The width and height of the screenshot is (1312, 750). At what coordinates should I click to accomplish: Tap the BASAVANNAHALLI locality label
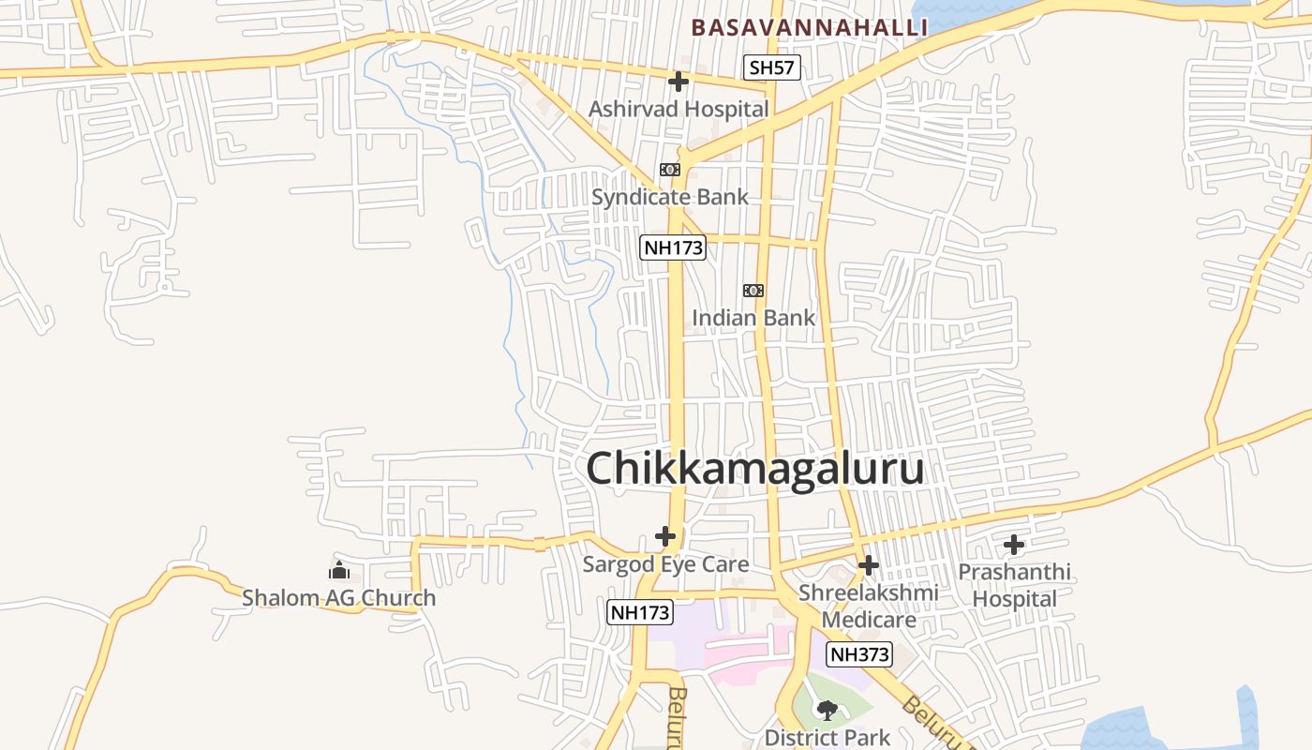click(x=810, y=27)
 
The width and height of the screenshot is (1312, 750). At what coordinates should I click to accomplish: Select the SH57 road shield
click(x=773, y=67)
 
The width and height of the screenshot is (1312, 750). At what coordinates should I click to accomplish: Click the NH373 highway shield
click(x=859, y=654)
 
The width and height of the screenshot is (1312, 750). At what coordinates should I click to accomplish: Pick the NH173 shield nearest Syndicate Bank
click(x=673, y=247)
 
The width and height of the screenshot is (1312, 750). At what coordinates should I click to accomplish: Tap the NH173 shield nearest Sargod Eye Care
click(x=640, y=612)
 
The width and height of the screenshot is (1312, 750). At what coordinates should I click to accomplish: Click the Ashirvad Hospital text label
click(x=678, y=109)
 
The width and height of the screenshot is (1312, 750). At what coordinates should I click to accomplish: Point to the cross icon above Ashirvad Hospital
click(x=678, y=82)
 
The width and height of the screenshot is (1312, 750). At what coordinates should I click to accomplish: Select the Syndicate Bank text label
click(x=670, y=197)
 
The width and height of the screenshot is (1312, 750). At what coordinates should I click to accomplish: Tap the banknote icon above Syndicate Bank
click(x=669, y=170)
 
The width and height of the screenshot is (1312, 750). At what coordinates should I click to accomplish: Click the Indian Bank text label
click(x=753, y=318)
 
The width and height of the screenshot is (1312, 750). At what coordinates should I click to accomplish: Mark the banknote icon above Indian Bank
click(x=753, y=291)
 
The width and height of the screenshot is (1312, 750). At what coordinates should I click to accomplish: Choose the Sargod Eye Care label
click(x=665, y=563)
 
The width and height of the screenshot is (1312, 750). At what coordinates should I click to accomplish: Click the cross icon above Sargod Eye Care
click(x=665, y=536)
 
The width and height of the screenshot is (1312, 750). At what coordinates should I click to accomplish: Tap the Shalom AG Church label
click(x=339, y=597)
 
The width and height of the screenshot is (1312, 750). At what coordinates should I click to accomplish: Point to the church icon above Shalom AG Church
click(x=339, y=570)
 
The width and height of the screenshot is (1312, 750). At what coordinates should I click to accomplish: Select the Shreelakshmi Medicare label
click(x=869, y=606)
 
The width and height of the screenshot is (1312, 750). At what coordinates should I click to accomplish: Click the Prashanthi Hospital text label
click(x=1014, y=585)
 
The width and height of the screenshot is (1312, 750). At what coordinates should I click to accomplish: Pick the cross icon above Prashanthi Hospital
click(x=1014, y=545)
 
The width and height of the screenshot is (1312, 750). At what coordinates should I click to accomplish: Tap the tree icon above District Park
click(x=827, y=711)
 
